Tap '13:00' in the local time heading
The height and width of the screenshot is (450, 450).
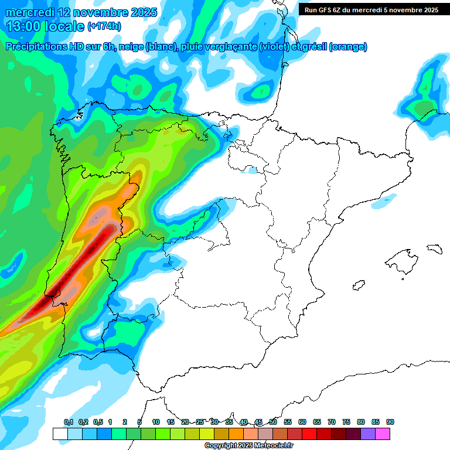tap(26, 26)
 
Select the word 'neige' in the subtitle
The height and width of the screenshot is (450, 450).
tap(130, 47)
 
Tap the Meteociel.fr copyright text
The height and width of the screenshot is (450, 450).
tap(248, 446)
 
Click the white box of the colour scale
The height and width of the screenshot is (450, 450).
tap(60, 434)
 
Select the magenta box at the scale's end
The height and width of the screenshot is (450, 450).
tap(383, 434)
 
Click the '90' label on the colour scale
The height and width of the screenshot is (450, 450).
tap(390, 422)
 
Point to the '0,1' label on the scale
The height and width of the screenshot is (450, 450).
tap(69, 422)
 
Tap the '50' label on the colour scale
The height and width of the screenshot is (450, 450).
tap(273, 422)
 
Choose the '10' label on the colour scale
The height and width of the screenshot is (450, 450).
tap(156, 422)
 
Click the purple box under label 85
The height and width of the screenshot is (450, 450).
tap(368, 434)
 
